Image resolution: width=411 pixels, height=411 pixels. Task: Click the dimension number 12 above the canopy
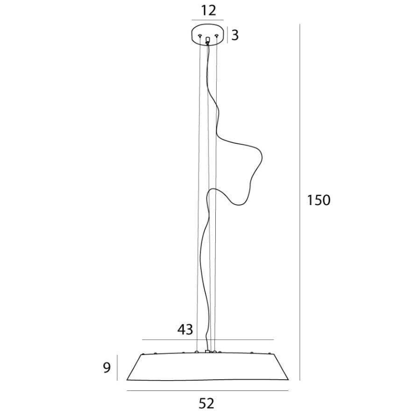pos(208,10)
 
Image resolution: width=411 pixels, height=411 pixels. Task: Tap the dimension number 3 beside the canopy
pos(235,35)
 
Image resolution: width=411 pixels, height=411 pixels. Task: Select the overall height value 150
pos(319,200)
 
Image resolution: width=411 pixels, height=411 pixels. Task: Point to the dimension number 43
pos(185,329)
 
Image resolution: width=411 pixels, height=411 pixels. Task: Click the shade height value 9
pos(106,368)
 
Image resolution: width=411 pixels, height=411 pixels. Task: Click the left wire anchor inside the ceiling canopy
pos(200,35)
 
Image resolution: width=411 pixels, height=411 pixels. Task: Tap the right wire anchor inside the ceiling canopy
pos(216,35)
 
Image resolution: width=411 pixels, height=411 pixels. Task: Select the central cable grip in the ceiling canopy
pos(208,40)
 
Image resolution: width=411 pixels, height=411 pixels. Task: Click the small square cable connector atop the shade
pos(207,351)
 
